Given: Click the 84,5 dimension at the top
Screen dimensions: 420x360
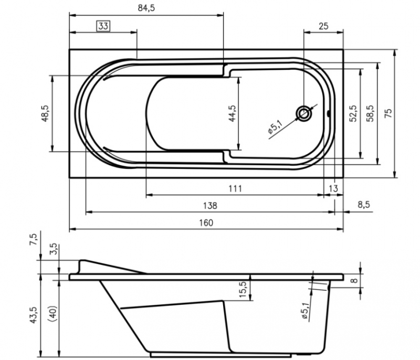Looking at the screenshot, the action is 146,8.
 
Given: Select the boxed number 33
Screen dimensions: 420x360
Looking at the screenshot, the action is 103,26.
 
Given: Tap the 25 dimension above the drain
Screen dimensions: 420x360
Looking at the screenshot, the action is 323,26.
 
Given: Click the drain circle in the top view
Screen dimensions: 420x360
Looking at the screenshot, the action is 304,113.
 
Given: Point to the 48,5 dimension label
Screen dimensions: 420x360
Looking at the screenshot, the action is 45,113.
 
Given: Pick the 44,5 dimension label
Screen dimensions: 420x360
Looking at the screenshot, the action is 232,113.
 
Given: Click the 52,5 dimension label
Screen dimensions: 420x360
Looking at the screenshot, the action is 353,113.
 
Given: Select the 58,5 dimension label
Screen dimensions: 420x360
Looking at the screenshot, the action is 371,113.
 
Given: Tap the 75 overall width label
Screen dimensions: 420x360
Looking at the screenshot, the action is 388,113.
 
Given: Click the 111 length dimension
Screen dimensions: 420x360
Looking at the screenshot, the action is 235,189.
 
